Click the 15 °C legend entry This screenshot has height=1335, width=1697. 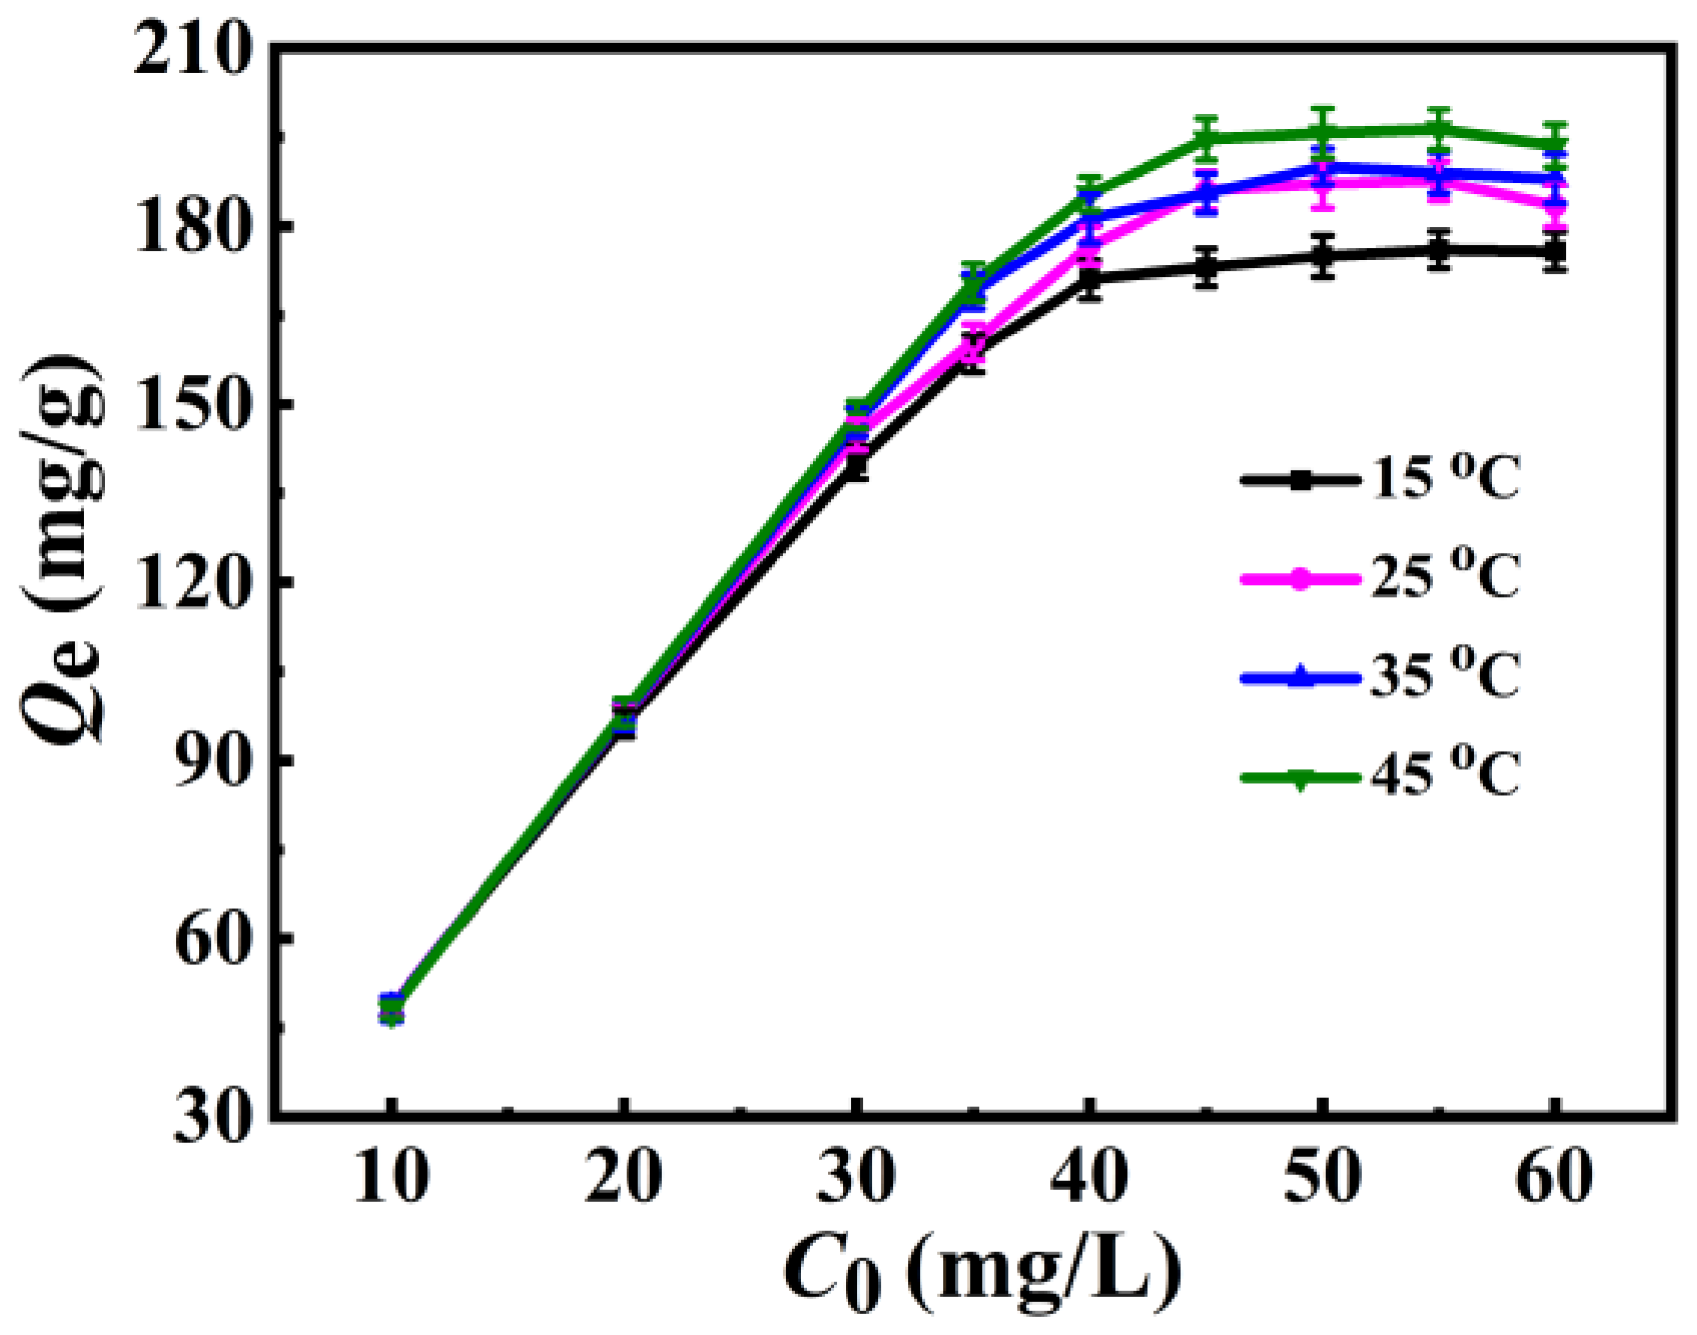coord(1381,481)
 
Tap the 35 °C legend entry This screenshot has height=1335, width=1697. coord(1381,676)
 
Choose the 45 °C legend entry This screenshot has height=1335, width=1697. coord(1381,777)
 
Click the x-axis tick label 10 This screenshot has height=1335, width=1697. coord(391,1177)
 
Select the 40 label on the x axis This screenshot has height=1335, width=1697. coord(1089,1177)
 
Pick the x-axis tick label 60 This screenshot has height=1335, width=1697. coord(1555,1177)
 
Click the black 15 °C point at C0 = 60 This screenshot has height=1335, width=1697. coord(1555,252)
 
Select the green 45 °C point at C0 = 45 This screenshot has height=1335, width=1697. coord(1206,137)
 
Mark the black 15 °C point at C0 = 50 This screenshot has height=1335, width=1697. coord(1323,256)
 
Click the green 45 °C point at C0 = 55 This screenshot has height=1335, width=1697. coord(1439,129)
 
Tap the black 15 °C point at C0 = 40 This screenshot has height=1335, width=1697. coord(1089,279)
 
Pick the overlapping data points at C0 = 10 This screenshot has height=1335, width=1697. coord(392,1008)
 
